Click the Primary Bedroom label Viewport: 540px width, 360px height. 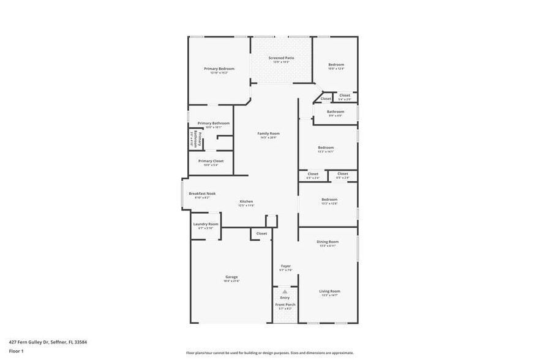[x=219, y=69]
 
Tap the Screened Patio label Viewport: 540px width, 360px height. [x=281, y=58]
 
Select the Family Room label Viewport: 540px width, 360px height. [x=268, y=133]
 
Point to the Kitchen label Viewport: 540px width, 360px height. [x=246, y=201]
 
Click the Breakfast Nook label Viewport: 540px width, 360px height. [x=202, y=193]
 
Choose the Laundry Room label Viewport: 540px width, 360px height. [x=206, y=224]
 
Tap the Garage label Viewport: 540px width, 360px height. [x=231, y=277]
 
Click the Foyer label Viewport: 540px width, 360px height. [x=285, y=266]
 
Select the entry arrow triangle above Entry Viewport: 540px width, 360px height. [x=285, y=291]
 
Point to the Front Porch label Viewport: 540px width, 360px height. [x=285, y=304]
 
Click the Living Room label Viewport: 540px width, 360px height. [x=329, y=291]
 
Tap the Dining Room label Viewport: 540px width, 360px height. [x=328, y=242]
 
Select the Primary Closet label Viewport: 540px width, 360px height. [x=210, y=161]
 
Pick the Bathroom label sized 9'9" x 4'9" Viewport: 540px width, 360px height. [x=335, y=111]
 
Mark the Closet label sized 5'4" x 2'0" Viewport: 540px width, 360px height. [x=345, y=95]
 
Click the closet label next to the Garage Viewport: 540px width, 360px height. [x=261, y=233]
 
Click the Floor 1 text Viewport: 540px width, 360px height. [x=16, y=351]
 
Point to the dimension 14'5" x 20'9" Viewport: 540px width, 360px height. [x=268, y=138]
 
